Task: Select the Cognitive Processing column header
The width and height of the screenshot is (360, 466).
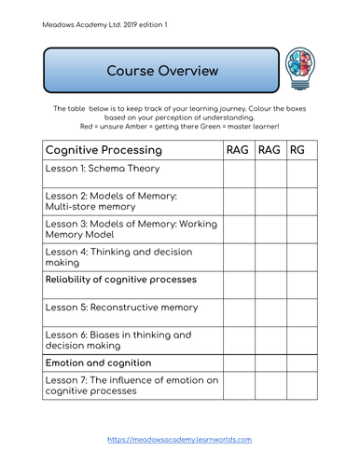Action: pos(102,149)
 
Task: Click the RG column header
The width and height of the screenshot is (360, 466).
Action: pos(298,149)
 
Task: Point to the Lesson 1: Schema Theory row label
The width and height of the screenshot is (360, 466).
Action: pos(103,170)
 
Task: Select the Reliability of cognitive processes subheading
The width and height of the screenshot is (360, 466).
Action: pos(121,280)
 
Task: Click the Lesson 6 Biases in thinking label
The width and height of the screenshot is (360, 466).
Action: pos(118,339)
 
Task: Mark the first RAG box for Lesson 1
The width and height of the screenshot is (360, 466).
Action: pos(238,173)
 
